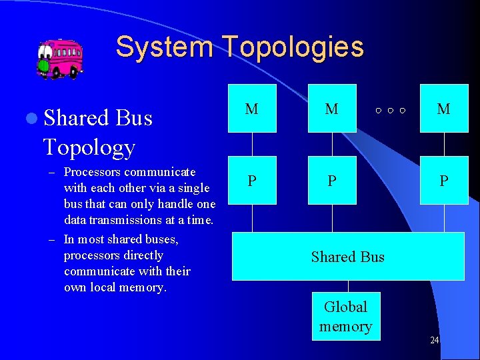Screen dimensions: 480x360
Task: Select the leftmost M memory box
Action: (252, 108)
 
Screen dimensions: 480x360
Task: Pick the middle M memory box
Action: (332, 108)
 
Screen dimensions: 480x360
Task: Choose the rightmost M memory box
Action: (443, 108)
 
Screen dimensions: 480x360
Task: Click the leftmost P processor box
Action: (252, 181)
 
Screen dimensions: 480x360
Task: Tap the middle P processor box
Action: (332, 181)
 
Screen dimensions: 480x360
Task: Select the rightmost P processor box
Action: (443, 181)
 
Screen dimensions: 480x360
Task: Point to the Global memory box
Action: (346, 317)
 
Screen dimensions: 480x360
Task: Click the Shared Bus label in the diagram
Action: (347, 257)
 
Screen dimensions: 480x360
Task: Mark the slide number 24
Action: (434, 341)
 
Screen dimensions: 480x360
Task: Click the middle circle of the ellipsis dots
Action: (390, 110)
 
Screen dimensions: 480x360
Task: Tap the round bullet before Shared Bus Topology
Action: (31, 119)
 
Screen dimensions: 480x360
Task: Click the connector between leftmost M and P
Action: (252, 144)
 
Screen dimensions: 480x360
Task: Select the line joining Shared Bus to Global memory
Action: (346, 286)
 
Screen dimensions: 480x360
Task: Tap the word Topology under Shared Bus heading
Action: (89, 147)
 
